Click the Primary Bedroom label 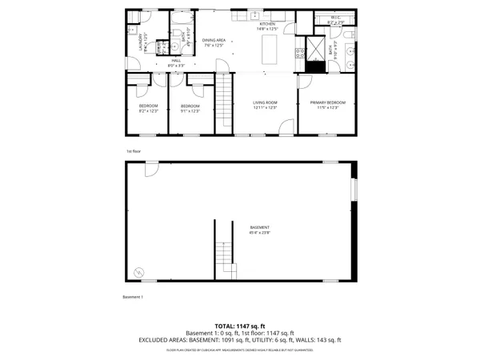click(328, 103)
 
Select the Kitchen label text click(266, 25)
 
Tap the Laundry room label click(142, 40)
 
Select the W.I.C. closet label click(336, 18)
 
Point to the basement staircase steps click(223, 256)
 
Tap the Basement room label click(259, 229)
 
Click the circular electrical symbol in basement click(140, 272)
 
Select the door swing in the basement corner click(150, 170)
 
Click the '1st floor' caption click(133, 150)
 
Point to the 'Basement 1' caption click(133, 298)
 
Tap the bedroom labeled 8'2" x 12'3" click(149, 108)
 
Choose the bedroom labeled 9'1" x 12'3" click(190, 108)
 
